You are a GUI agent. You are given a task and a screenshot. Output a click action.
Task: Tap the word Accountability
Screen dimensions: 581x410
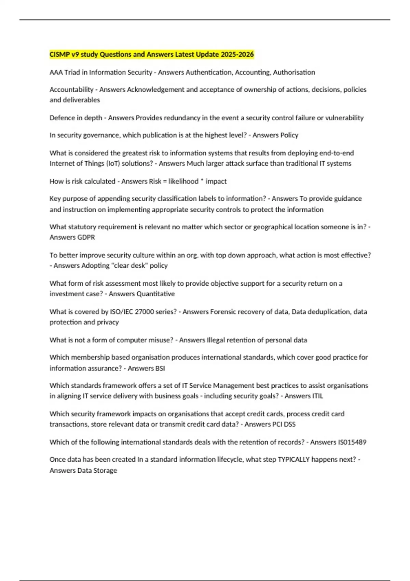[71, 90]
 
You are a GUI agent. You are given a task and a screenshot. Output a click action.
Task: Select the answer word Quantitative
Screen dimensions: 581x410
[155, 294]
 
